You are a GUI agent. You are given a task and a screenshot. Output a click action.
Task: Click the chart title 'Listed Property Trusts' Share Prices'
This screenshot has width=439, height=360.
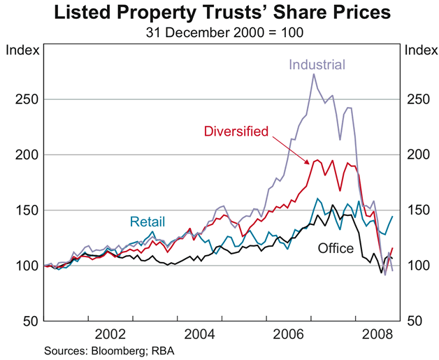tap(219, 13)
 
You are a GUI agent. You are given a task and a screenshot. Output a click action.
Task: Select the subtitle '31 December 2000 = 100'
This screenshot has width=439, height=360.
tap(219, 31)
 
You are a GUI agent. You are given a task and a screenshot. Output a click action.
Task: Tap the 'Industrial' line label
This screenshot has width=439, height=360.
tap(318, 65)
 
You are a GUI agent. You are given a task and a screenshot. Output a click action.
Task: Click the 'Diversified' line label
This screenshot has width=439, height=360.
tap(236, 131)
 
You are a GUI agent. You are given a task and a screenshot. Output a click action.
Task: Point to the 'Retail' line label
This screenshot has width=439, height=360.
tap(147, 222)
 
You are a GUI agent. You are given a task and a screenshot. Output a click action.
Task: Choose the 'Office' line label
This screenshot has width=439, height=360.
tap(336, 248)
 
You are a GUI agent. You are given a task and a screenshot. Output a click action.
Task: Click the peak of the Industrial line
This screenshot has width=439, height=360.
tap(313, 74)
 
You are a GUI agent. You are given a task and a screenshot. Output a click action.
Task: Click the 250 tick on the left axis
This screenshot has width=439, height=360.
tap(25, 99)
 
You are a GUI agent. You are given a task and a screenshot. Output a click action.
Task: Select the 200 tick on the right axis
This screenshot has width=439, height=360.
tap(415, 154)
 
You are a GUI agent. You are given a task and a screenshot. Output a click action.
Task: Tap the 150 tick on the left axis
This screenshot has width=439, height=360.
tap(25, 210)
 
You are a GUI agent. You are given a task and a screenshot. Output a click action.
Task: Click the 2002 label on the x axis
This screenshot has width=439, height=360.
tap(110, 333)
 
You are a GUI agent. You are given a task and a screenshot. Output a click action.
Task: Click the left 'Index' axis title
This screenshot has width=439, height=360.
tap(20, 50)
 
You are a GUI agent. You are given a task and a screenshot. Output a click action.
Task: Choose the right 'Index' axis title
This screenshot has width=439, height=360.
tap(419, 50)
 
